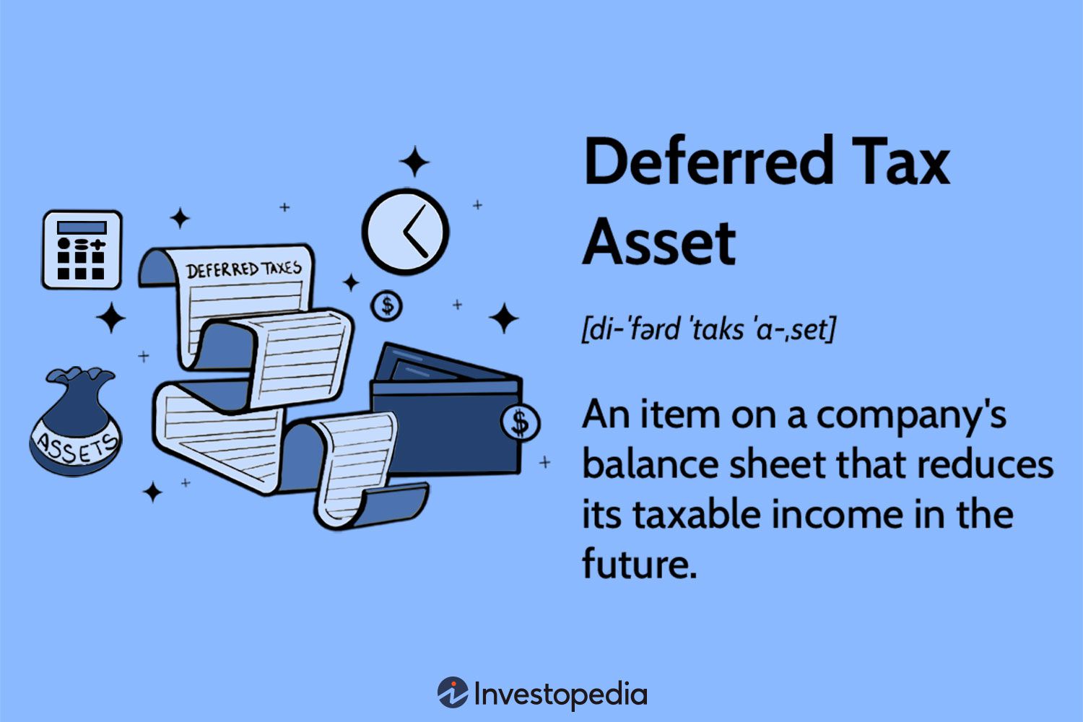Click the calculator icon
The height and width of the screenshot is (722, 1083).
point(82,250)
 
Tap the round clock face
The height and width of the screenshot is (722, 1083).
point(405,232)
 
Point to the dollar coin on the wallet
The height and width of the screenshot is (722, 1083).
point(521,422)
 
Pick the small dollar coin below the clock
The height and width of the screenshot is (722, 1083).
point(388,306)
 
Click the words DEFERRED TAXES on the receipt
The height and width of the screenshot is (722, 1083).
point(243,269)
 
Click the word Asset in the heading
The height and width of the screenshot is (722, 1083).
point(659,243)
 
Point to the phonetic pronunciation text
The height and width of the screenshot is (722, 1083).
point(708,330)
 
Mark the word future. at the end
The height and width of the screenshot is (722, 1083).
point(640,564)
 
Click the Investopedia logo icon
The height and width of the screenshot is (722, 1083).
point(452,693)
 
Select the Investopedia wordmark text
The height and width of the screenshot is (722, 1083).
point(560,695)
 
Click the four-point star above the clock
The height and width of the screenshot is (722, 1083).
point(414,162)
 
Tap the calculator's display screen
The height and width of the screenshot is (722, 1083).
point(82,227)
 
